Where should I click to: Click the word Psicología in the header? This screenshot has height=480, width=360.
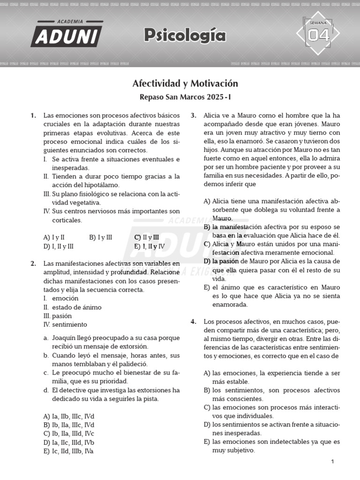coord(185,35)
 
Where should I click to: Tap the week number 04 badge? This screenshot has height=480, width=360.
coord(318,35)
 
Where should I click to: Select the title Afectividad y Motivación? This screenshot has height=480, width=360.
coord(185,83)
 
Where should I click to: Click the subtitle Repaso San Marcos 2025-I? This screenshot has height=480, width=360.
coord(185,97)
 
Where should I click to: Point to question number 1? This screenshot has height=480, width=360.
coord(33,115)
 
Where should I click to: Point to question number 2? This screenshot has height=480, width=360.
coord(33,263)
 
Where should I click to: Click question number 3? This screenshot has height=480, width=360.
coord(193,115)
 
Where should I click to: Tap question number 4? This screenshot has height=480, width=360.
coord(193,322)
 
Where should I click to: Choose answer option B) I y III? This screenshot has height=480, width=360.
coord(100,237)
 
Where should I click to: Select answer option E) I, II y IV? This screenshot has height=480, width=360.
coord(149,246)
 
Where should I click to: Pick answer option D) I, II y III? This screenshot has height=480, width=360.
coord(58,246)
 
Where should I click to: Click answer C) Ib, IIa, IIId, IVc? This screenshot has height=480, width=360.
coord(68,434)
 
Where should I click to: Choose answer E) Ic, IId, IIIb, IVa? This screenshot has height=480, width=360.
coord(68,451)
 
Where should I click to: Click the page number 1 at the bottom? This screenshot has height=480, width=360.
coord(332,462)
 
